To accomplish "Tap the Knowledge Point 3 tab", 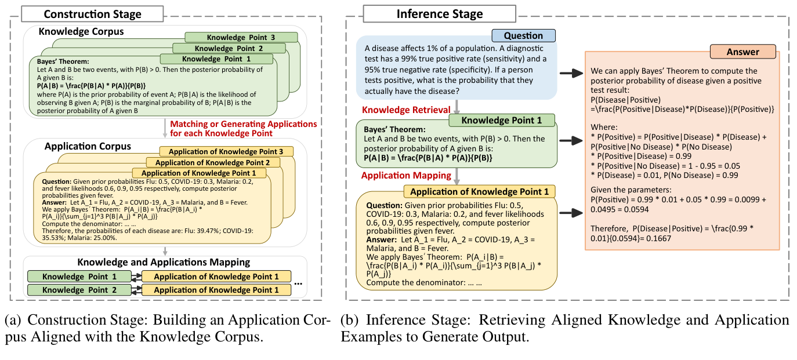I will click(241, 37).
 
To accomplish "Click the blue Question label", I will click(523, 36).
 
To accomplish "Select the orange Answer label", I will click(742, 52).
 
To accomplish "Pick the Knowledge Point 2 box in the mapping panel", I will click(79, 290).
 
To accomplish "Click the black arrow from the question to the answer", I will click(571, 73).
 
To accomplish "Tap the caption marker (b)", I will click(350, 321).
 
